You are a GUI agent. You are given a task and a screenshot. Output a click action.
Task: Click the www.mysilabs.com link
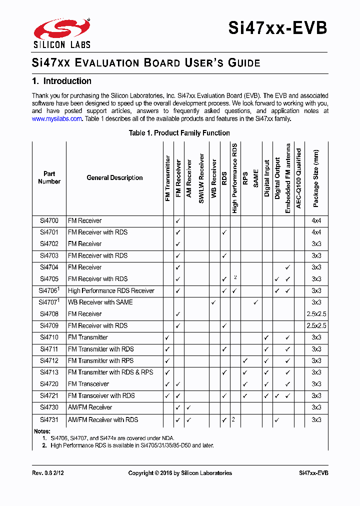(56, 119)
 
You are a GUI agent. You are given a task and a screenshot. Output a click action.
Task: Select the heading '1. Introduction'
(61, 81)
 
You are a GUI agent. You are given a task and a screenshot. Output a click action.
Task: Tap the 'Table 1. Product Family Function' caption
(179, 133)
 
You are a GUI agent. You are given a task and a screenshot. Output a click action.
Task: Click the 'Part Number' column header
(49, 178)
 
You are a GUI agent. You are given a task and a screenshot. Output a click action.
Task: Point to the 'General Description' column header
(114, 178)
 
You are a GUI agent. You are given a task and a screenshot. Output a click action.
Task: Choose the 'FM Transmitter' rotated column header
(168, 178)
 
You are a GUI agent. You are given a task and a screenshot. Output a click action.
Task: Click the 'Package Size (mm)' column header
(316, 178)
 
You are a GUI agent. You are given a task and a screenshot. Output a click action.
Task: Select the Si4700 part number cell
(49, 220)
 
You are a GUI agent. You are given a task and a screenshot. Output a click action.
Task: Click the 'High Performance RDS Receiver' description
(111, 290)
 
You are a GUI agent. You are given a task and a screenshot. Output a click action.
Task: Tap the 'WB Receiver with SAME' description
(100, 302)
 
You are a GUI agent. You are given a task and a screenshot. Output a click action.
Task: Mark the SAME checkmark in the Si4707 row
(255, 302)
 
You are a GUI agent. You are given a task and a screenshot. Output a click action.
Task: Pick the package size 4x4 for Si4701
(316, 232)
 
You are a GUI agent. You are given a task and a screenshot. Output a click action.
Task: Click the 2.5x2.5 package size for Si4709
(316, 325)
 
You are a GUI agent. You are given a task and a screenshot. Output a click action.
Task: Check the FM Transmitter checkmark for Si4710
(167, 337)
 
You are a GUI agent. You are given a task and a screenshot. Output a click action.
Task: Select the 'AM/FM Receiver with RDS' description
(103, 419)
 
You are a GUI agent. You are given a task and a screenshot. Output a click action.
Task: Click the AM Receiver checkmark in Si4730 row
(188, 407)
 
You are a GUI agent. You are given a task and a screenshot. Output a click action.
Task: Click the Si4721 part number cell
(49, 395)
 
